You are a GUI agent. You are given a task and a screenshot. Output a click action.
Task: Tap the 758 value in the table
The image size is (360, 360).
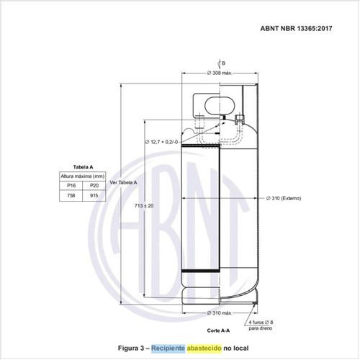[71, 195]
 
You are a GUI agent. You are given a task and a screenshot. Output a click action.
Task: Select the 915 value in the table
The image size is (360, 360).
[94, 195]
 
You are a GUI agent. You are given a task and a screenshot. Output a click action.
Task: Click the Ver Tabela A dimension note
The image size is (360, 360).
[124, 183]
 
